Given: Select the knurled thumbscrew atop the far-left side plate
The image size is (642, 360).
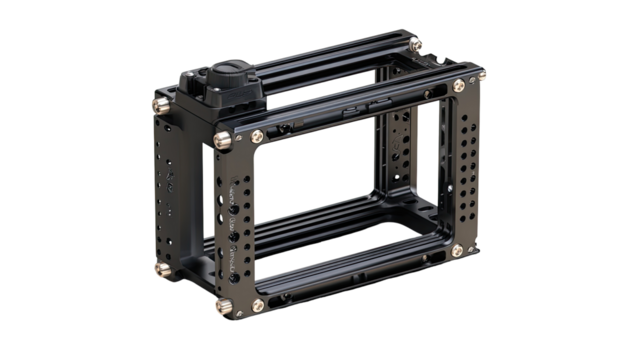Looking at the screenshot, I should [158, 103].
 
